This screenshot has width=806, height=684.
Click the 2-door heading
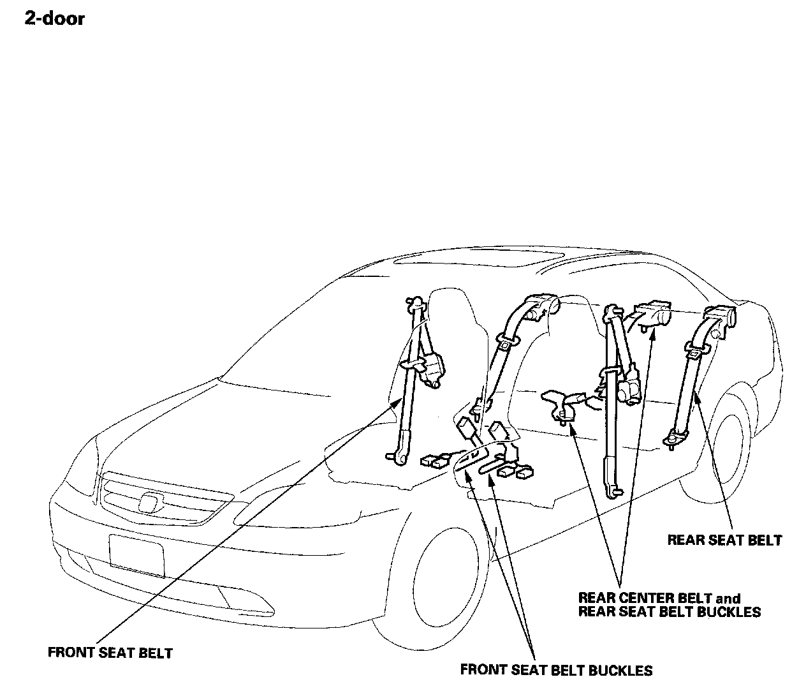tap(54, 18)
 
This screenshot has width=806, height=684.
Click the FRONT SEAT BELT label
tap(110, 653)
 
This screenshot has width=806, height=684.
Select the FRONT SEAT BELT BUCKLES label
tap(556, 670)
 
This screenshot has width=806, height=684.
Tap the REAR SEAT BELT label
tap(724, 540)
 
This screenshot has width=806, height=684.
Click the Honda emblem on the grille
tap(150, 503)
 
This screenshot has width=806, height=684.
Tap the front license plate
tap(136, 555)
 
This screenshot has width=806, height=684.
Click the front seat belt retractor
tap(430, 370)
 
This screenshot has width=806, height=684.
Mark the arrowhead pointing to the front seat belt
tap(400, 401)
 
